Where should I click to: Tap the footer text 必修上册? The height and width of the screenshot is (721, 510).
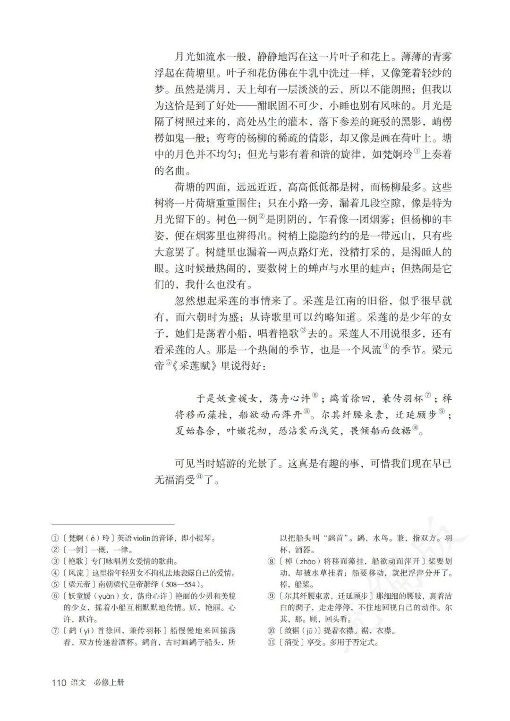click(109, 682)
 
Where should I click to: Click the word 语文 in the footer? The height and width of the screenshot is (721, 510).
click(78, 682)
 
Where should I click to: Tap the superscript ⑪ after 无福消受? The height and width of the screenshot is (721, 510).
click(200, 477)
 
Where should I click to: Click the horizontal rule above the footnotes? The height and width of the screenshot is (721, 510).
click(113, 524)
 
